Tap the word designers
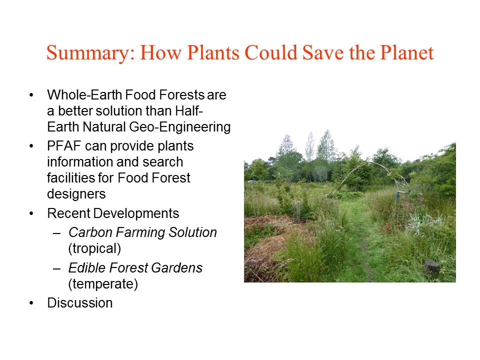[76, 194]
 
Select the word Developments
[136, 213]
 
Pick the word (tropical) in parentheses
[94, 248]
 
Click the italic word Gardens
[177, 268]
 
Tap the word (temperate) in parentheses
[103, 284]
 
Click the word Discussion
[80, 303]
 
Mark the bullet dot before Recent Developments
[31, 213]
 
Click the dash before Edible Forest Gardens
[56, 268]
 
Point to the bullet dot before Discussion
[31, 303]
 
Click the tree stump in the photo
[431, 268]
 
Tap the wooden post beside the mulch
[298, 211]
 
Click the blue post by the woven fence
[397, 197]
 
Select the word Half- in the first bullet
[189, 111]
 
